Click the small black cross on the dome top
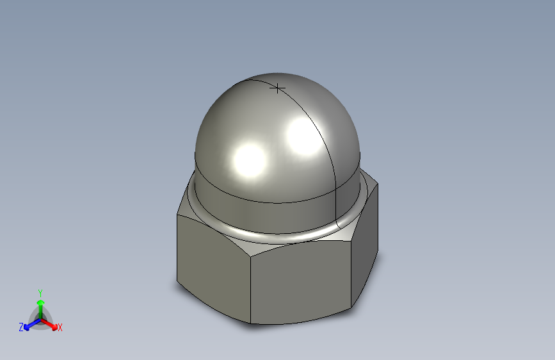click(277, 88)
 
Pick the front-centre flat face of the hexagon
click(301, 282)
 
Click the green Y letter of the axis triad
click(40, 292)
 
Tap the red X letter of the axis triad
click(60, 327)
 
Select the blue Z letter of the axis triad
click(21, 327)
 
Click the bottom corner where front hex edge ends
click(251, 323)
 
